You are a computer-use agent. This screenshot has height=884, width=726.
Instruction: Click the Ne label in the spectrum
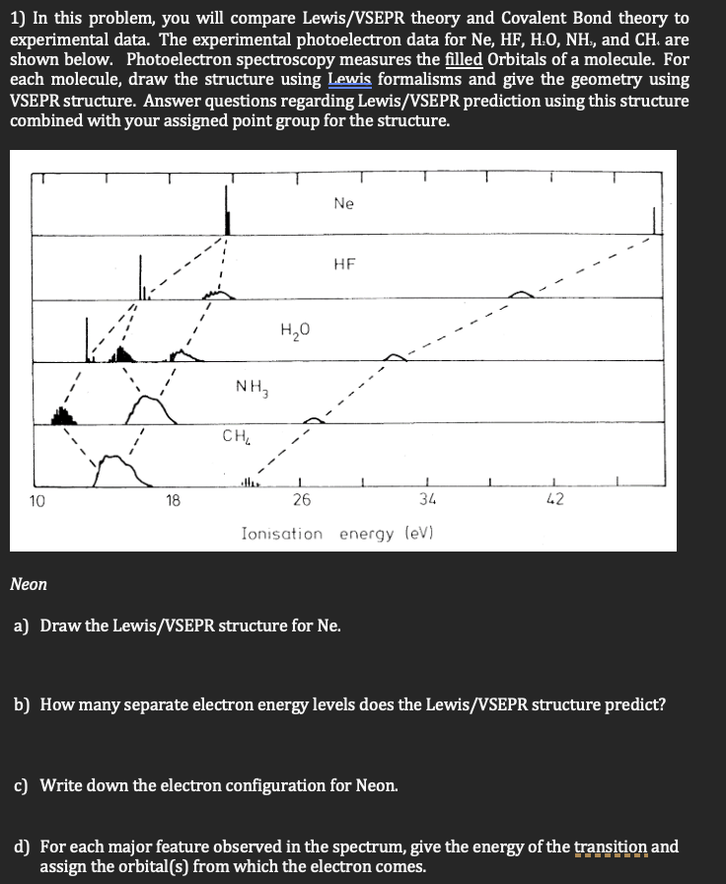(x=343, y=204)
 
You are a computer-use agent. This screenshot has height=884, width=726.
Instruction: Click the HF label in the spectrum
(x=344, y=264)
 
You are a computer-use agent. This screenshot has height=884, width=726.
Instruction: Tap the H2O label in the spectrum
(x=294, y=329)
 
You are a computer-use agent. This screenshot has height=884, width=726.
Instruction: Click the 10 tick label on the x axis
(x=36, y=500)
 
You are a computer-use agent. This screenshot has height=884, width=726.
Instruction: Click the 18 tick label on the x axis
(x=173, y=500)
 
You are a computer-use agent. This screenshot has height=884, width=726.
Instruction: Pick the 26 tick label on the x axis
(x=302, y=500)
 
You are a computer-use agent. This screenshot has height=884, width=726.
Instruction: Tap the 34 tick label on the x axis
(x=428, y=500)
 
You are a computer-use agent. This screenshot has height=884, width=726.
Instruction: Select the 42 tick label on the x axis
(x=554, y=500)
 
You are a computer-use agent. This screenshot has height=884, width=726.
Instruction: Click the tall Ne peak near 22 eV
(x=228, y=212)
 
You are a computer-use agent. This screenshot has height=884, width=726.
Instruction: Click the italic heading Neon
(x=29, y=584)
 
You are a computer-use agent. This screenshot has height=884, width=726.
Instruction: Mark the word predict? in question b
(x=637, y=705)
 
